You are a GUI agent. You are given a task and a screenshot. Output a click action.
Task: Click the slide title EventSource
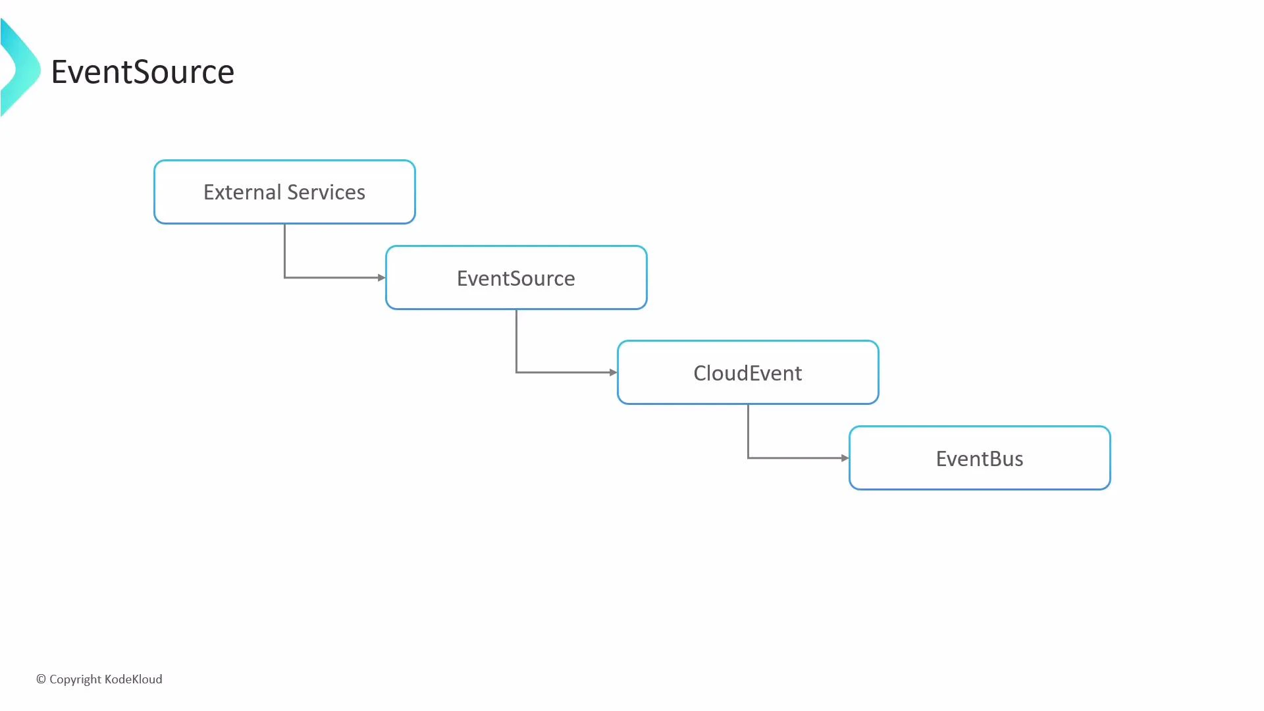point(142,72)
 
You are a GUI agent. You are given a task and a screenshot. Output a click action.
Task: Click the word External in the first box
point(242,192)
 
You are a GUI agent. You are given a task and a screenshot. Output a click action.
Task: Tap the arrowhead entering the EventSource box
point(381,278)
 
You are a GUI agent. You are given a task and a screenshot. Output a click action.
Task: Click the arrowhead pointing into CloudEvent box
point(613,373)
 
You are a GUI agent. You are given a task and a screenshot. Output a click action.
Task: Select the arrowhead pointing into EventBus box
point(845,458)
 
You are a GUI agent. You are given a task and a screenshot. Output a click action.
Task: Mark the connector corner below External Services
point(284,278)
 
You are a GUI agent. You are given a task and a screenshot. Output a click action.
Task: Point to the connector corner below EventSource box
point(516,373)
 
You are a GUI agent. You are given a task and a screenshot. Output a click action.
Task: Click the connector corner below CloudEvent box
point(748,458)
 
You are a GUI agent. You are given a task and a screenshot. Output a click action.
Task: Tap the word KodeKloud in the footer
point(133,679)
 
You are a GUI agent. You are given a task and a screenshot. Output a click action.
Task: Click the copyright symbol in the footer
point(41,679)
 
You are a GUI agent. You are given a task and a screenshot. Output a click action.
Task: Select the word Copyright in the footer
point(75,679)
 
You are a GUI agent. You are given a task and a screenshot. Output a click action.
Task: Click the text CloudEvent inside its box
point(748,373)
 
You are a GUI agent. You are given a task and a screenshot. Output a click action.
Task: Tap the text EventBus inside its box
point(980,459)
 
